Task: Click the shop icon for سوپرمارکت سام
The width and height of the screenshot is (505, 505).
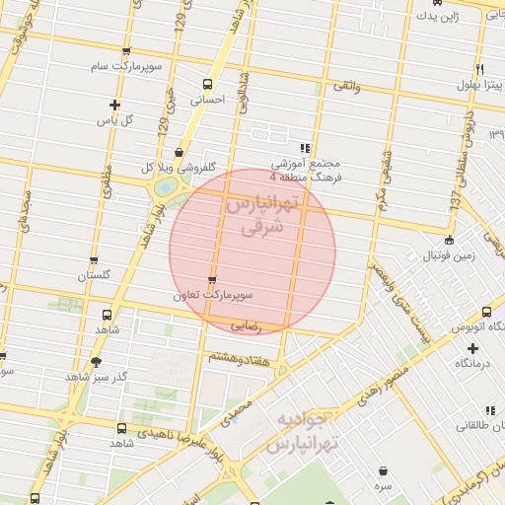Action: (125, 51)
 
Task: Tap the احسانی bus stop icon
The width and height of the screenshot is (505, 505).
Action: (207, 84)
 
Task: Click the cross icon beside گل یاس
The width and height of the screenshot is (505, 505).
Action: (115, 105)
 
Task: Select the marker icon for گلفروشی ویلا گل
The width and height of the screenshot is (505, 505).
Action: (179, 152)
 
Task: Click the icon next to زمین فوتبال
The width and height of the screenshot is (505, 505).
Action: (450, 240)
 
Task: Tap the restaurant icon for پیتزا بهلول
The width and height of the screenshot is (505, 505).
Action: (478, 70)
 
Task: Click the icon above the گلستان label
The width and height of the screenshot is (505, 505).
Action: (94, 261)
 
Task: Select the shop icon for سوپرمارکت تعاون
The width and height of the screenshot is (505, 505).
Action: (213, 280)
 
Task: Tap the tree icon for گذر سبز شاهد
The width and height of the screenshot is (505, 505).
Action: (96, 362)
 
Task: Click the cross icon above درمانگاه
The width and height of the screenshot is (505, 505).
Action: (473, 348)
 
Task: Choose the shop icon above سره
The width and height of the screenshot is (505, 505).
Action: (382, 470)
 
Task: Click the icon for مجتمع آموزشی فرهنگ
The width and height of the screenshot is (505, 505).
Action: (304, 147)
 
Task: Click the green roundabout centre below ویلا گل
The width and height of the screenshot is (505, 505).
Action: (166, 185)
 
